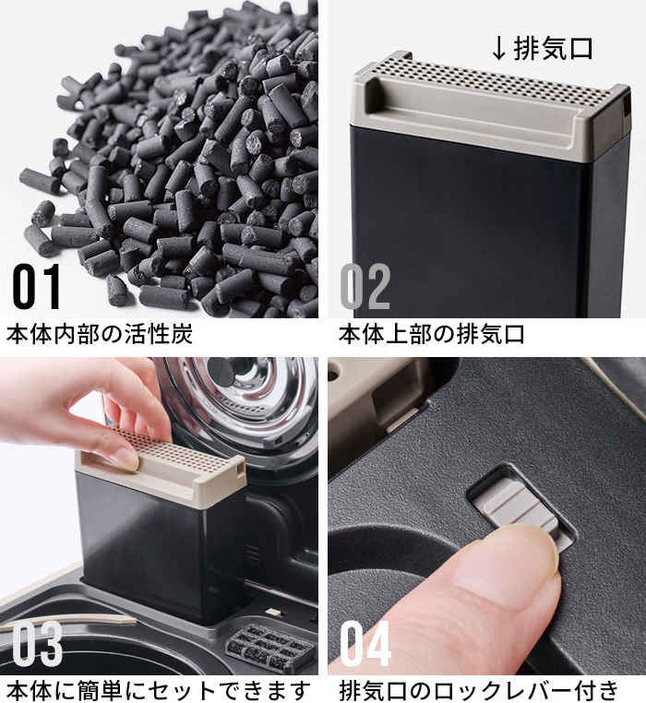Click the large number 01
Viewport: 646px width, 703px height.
click(x=36, y=286)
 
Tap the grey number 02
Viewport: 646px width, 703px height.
click(x=365, y=286)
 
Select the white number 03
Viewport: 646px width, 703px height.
click(x=37, y=643)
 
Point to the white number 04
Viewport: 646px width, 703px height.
click(x=365, y=643)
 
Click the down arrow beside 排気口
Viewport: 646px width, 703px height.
click(x=499, y=49)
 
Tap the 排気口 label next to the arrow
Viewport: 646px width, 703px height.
click(x=553, y=48)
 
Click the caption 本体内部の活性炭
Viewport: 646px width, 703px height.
click(x=99, y=334)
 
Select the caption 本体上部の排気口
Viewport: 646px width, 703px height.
click(x=431, y=334)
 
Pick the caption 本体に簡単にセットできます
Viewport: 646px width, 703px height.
click(x=158, y=690)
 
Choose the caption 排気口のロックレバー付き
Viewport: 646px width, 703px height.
click(x=478, y=690)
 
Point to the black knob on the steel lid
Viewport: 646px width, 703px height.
click(x=234, y=370)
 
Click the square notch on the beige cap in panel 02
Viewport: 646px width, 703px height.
click(x=626, y=105)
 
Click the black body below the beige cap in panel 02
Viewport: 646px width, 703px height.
click(x=489, y=224)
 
